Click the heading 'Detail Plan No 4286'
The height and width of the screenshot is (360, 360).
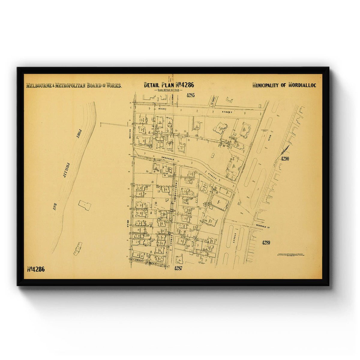(169, 85)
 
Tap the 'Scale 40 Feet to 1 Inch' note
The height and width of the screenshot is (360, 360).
(169, 90)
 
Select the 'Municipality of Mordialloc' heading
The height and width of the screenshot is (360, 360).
(284, 85)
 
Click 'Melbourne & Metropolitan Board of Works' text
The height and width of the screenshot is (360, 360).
(74, 85)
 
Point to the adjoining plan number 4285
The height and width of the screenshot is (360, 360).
(190, 95)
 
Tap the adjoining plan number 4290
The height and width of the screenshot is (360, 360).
(285, 159)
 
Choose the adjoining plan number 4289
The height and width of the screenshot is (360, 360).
(266, 242)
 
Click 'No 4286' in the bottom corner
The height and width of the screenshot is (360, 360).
(36, 269)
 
